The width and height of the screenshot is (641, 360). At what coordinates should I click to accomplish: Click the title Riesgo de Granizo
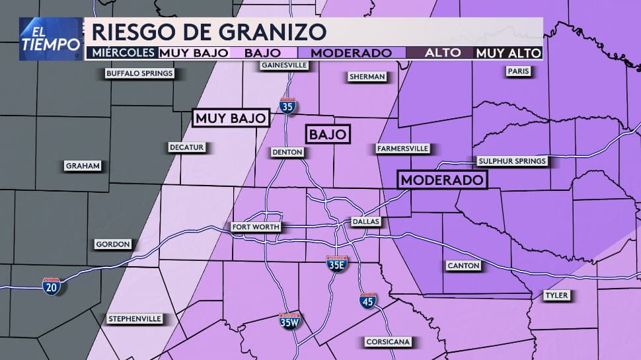tap(209, 31)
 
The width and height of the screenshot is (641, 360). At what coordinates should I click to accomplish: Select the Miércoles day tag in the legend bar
tap(122, 53)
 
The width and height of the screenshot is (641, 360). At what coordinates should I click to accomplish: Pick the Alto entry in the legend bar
tap(439, 53)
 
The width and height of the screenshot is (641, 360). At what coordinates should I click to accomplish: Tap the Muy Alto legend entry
tap(508, 53)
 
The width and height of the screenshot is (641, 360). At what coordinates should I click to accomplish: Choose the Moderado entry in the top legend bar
tap(351, 53)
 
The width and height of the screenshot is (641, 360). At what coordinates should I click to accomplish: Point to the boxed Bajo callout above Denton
tap(328, 134)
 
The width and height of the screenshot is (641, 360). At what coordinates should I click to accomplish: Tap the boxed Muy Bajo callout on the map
tap(231, 118)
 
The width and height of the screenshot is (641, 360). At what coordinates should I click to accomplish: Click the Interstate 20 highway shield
tap(51, 286)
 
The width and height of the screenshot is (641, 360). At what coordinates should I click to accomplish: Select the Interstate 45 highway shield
tap(369, 301)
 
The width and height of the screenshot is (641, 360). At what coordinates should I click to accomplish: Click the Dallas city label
tap(365, 222)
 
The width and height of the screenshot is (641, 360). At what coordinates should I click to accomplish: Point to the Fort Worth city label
tap(256, 227)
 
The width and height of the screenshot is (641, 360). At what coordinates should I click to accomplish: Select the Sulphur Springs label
tap(512, 161)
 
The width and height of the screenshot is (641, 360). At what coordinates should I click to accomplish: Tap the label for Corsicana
tap(389, 342)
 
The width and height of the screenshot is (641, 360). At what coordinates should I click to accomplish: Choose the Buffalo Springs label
tap(139, 74)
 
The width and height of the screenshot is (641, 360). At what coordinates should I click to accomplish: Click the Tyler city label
tap(557, 295)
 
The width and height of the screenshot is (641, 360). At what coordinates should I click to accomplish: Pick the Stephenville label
tap(134, 319)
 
